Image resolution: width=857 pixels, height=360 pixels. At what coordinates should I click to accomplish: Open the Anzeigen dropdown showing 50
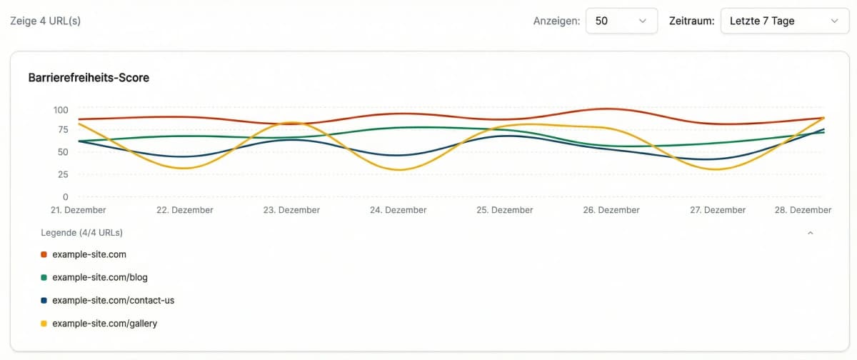click(621, 21)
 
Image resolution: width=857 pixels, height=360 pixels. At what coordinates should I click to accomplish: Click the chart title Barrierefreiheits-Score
click(89, 78)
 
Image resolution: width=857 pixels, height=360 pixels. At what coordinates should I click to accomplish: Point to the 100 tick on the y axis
click(60, 109)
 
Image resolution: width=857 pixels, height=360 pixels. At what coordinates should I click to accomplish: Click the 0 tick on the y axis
click(65, 196)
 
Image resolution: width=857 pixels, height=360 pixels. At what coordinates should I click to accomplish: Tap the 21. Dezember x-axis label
click(79, 210)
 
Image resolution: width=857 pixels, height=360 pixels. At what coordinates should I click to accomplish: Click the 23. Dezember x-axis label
click(291, 210)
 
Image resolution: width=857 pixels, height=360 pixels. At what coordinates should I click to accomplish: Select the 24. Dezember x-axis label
click(399, 210)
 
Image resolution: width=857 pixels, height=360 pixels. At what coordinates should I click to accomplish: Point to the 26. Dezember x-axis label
click(611, 210)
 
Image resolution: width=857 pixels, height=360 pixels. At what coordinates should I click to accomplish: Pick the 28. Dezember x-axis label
click(803, 210)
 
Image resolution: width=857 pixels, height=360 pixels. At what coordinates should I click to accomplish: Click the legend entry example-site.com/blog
click(100, 277)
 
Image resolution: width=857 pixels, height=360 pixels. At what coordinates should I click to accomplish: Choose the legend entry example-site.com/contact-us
click(113, 300)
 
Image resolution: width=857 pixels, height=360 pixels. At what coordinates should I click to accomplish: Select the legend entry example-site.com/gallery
click(104, 324)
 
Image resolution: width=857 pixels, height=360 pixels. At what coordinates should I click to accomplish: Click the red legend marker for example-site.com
click(44, 254)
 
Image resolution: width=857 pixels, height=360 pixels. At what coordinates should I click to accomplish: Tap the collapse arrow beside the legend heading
click(810, 232)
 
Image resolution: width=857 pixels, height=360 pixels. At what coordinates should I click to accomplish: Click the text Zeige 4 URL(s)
click(45, 21)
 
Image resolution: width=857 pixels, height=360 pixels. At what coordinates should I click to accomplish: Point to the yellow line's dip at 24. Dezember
click(399, 169)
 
